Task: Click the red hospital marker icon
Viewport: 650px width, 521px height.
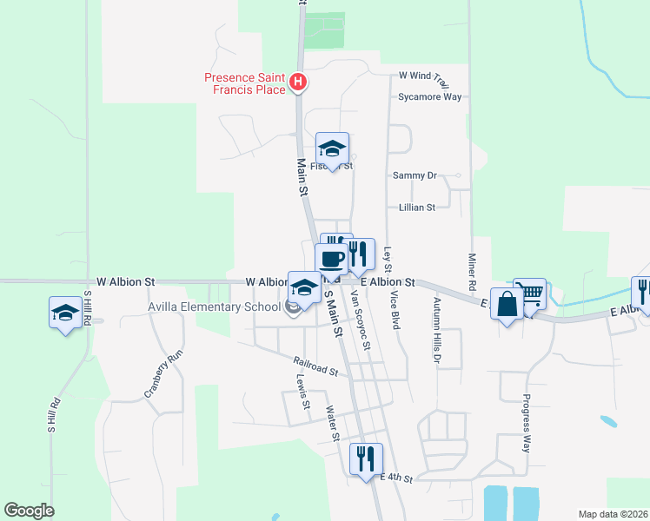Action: pyautogui.click(x=298, y=82)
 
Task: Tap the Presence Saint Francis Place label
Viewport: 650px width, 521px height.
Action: pyautogui.click(x=245, y=82)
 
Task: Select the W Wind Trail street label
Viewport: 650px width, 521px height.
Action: pyautogui.click(x=422, y=76)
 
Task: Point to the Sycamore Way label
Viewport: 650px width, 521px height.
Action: pyautogui.click(x=429, y=96)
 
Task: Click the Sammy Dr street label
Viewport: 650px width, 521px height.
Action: pyautogui.click(x=414, y=175)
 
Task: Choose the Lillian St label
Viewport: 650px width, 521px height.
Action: pyautogui.click(x=416, y=208)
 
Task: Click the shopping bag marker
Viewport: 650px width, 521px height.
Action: pyautogui.click(x=507, y=305)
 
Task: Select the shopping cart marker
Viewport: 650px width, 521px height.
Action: pyautogui.click(x=529, y=293)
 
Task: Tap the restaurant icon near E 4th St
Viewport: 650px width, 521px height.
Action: pyautogui.click(x=366, y=457)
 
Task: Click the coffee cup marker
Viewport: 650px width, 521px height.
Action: pyautogui.click(x=331, y=259)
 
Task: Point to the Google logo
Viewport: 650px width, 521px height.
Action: pyautogui.click(x=29, y=511)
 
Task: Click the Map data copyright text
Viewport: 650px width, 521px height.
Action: pyautogui.click(x=613, y=514)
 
